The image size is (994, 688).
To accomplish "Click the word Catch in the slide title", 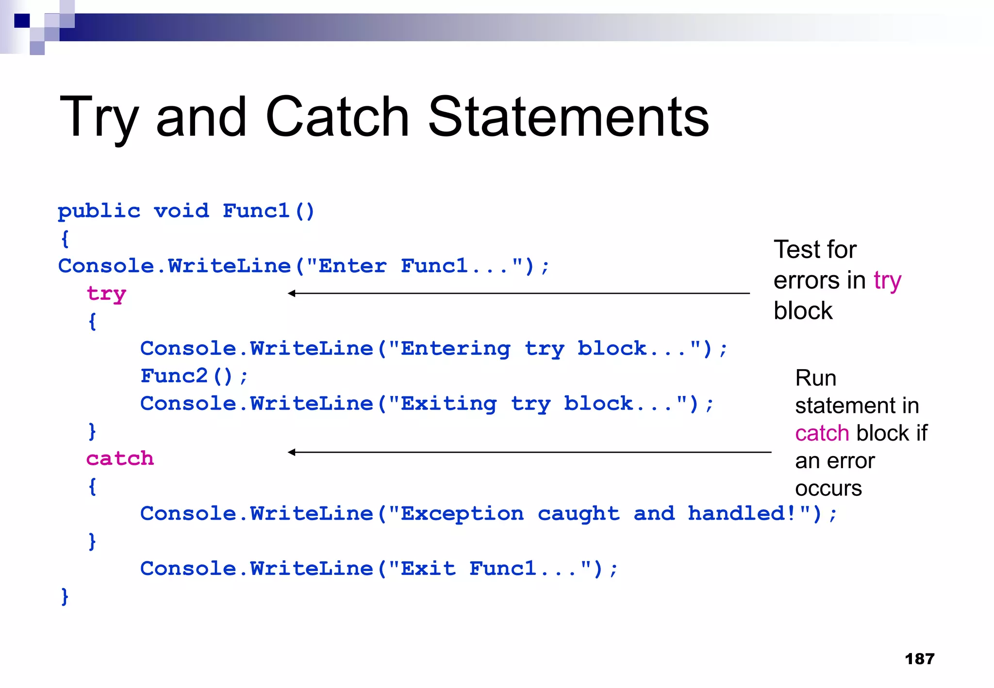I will coord(337,117).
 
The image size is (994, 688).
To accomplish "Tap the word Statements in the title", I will coord(568,117).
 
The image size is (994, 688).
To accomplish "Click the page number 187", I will coord(919,659).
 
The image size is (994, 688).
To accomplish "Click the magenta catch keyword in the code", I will coord(120,459).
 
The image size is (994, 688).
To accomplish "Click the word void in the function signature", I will coord(182,211).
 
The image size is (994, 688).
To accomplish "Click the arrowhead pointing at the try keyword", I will coord(291,293).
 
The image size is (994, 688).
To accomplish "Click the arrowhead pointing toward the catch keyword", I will coord(291,452).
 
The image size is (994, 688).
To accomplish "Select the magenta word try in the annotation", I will coord(887,281).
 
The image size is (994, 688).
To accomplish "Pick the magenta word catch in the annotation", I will coord(822,433).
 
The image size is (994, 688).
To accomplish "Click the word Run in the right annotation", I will coord(815,378).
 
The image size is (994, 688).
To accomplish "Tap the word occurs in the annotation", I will coord(828,489).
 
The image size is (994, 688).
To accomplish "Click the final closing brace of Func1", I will coord(65,596).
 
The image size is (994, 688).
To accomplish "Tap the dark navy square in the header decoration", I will coord(22,21).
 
